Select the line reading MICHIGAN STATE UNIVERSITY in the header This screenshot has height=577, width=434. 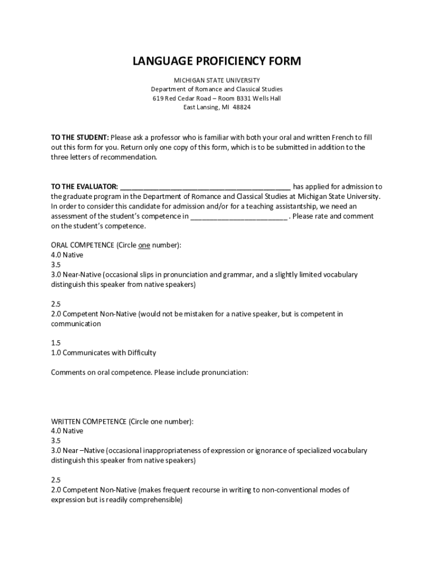(216, 80)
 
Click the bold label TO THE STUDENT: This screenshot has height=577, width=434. (79, 137)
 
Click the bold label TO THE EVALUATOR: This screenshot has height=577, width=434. (85, 187)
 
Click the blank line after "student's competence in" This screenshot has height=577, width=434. (238, 217)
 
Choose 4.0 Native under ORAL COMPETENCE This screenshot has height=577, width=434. (67, 255)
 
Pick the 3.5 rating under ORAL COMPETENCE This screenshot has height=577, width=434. (56, 265)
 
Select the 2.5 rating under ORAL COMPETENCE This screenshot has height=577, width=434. (56, 304)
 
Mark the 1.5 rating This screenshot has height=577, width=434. (56, 343)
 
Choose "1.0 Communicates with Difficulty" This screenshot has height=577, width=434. (103, 353)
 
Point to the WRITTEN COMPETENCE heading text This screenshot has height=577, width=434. (89, 421)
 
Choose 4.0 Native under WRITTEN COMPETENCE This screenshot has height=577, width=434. (67, 431)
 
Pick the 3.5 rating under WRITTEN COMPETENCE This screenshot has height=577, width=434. (56, 441)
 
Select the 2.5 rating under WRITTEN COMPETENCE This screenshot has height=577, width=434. (56, 480)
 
